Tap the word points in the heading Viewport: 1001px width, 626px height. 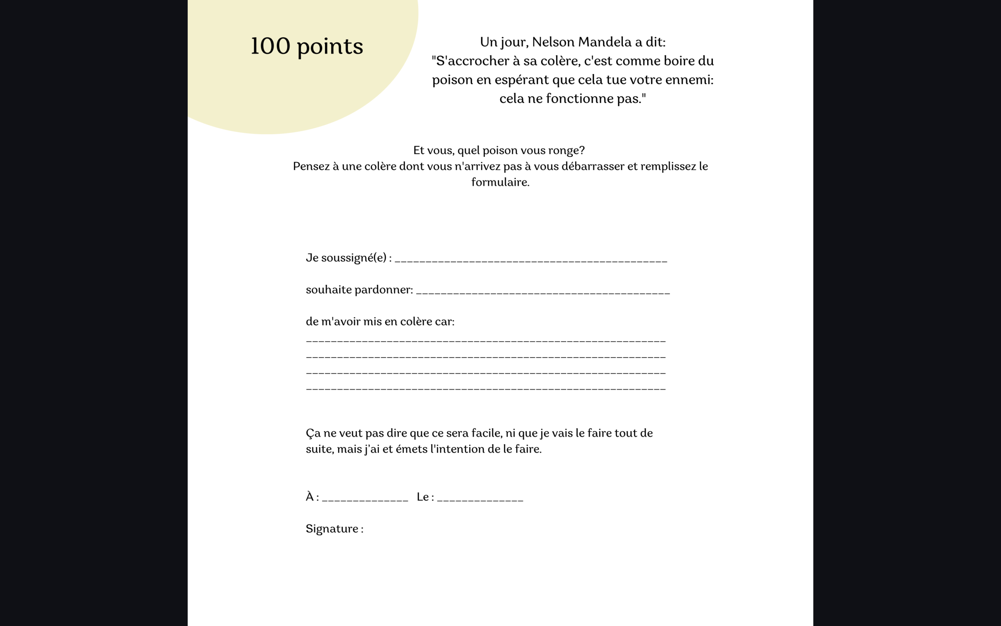(330, 47)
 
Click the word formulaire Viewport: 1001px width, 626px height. (500, 182)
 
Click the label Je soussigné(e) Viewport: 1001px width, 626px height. (346, 258)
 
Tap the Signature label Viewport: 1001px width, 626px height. (332, 529)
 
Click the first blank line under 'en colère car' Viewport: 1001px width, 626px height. (486, 341)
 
